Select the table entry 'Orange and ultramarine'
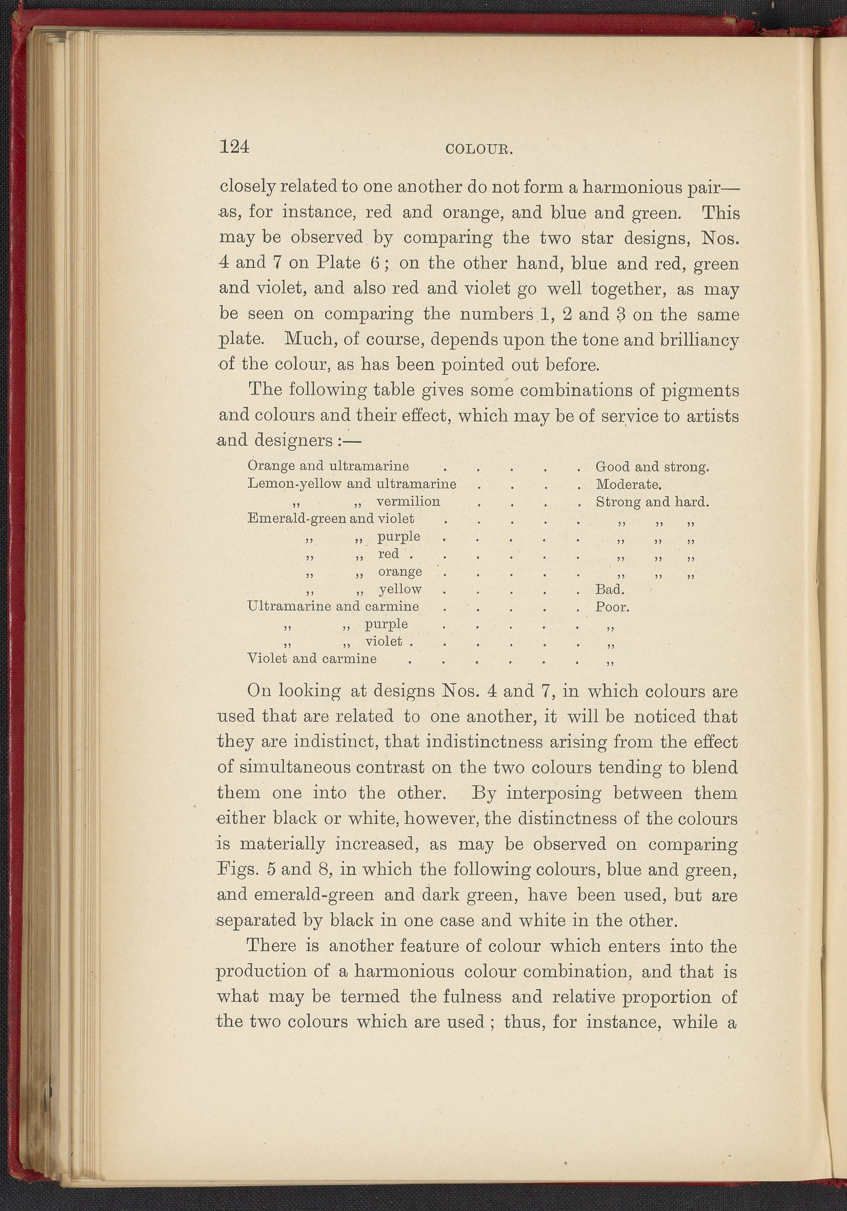[x=328, y=466]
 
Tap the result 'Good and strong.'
[x=652, y=467]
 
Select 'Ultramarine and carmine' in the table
[x=333, y=606]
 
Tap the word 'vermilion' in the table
[x=408, y=501]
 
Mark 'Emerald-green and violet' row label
[x=330, y=519]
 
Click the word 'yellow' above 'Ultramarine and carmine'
[x=400, y=589]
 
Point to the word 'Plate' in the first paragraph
[x=338, y=263]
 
